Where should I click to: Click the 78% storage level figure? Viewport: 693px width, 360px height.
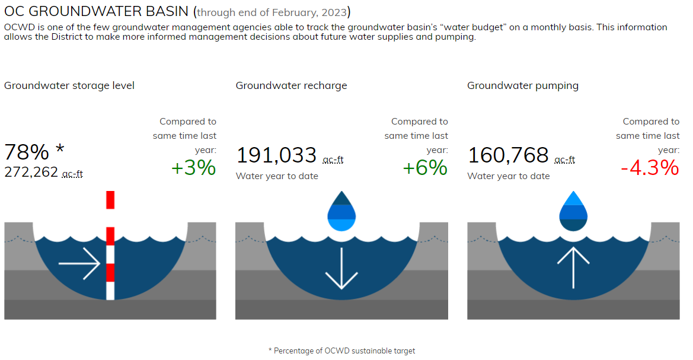tap(27, 152)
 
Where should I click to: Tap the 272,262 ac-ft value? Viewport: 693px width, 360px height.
tap(31, 172)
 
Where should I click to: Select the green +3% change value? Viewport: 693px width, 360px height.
tap(193, 168)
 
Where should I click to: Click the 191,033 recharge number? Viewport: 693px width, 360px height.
tap(276, 155)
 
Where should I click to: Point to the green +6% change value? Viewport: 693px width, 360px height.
tap(424, 168)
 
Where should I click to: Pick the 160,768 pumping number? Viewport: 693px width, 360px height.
tap(508, 155)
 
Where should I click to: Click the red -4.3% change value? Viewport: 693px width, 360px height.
tap(649, 168)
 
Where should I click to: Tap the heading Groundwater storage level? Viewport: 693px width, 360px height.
tap(69, 85)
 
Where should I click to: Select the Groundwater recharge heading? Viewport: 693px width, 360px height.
tap(291, 85)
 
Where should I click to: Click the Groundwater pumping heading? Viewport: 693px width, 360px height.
tap(522, 85)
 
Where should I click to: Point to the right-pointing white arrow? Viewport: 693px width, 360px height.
tap(79, 264)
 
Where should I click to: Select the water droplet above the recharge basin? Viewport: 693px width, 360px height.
tap(341, 211)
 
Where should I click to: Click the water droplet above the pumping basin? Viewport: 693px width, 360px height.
tap(573, 211)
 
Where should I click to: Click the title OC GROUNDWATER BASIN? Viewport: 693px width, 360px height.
tap(97, 12)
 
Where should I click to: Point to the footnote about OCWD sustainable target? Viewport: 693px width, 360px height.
tap(341, 351)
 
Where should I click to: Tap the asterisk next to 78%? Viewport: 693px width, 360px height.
tap(59, 149)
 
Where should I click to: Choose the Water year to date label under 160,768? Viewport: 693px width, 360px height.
tap(508, 176)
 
